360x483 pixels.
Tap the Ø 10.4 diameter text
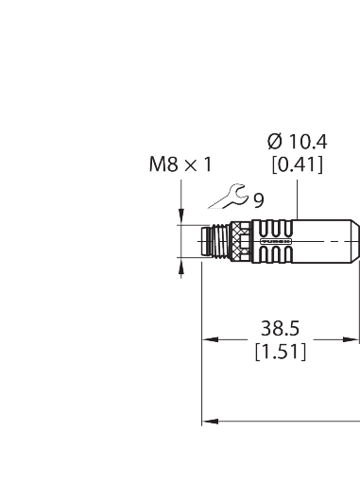[298, 142]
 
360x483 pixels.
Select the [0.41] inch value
[298, 165]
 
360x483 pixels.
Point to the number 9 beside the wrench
[258, 199]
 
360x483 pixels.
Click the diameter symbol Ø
[274, 142]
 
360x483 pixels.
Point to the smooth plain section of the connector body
[326, 242]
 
